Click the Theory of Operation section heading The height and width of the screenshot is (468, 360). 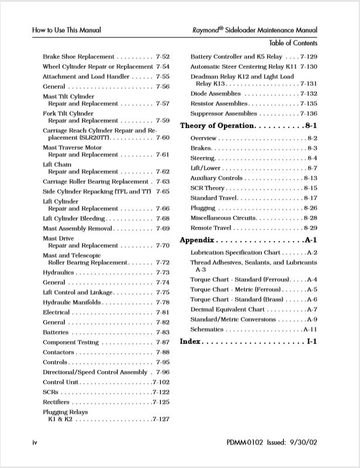click(216, 126)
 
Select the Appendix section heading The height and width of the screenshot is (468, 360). click(198, 240)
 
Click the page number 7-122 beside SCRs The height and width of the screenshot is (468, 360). click(161, 391)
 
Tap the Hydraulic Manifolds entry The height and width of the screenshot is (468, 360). click(72, 302)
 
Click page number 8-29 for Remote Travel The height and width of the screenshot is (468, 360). click(310, 228)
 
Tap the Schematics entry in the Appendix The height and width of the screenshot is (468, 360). click(208, 330)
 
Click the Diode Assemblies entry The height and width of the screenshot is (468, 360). click(215, 94)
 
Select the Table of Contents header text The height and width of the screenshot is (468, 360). click(293, 43)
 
